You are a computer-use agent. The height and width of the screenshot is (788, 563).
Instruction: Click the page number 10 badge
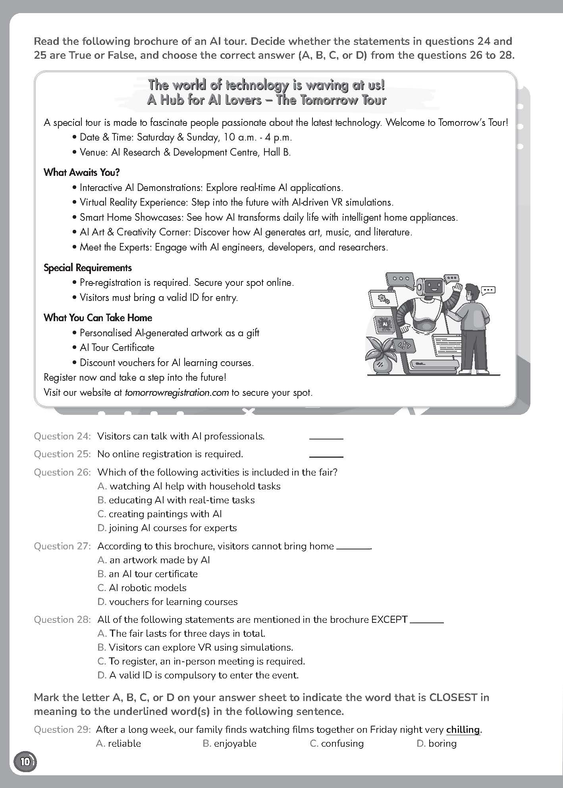tap(25, 761)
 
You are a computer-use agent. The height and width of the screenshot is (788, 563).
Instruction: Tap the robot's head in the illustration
tap(430, 287)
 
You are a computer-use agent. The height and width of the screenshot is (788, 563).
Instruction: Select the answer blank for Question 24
tap(326, 437)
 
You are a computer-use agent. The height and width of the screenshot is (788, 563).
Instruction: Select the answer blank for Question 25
tap(326, 455)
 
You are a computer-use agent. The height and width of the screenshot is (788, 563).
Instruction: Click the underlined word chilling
tap(463, 730)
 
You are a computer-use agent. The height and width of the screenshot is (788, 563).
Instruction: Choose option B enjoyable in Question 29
tap(230, 744)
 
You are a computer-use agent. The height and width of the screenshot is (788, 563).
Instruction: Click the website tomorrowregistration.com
tap(177, 393)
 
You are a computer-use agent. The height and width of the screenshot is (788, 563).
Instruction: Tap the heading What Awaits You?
tap(82, 172)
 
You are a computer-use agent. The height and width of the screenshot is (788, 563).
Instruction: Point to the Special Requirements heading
tap(88, 268)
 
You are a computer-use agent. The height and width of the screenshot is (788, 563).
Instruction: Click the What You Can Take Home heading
tap(98, 318)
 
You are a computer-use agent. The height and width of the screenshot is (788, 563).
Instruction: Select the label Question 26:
tap(62, 472)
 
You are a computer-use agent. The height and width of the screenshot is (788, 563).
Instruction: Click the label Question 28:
tap(62, 619)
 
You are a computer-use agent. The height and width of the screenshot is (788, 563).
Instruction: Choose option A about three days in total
tap(181, 633)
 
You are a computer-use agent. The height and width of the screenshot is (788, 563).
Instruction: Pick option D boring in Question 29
tap(437, 744)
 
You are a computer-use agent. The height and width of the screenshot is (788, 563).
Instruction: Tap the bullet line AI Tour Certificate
tap(117, 348)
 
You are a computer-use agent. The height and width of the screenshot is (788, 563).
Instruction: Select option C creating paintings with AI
tap(160, 514)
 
